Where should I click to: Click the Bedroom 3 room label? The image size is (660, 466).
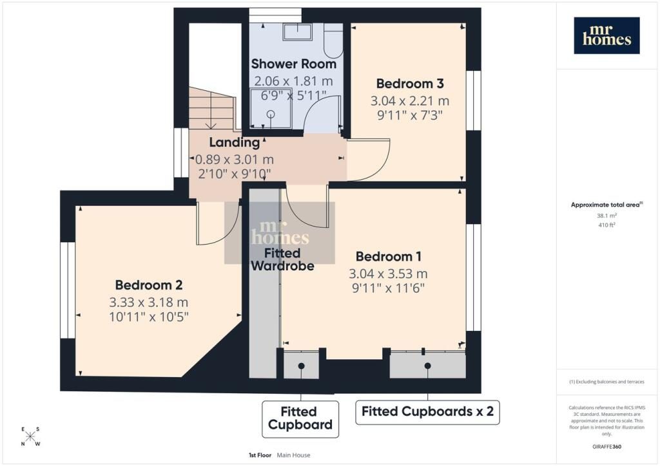[409, 84]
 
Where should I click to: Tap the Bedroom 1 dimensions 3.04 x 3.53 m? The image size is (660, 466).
[388, 274]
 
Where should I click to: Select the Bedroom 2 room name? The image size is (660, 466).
[149, 285]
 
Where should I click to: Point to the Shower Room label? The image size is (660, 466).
[294, 64]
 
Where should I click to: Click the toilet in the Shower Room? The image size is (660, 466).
[334, 40]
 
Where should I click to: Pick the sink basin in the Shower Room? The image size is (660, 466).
[297, 32]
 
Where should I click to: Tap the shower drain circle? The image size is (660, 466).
[271, 113]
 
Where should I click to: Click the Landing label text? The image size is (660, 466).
[235, 142]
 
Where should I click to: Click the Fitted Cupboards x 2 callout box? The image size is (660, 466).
[427, 412]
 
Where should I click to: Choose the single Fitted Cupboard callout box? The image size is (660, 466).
[300, 418]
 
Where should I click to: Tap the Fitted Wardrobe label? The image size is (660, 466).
[282, 259]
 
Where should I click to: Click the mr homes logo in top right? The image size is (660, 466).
[607, 35]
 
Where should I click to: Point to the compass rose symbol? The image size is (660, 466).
[30, 436]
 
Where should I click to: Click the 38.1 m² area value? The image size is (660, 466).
[607, 216]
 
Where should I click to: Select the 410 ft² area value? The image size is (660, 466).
[607, 225]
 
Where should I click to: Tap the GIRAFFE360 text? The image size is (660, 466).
[607, 447]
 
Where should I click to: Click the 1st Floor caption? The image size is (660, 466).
[260, 455]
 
